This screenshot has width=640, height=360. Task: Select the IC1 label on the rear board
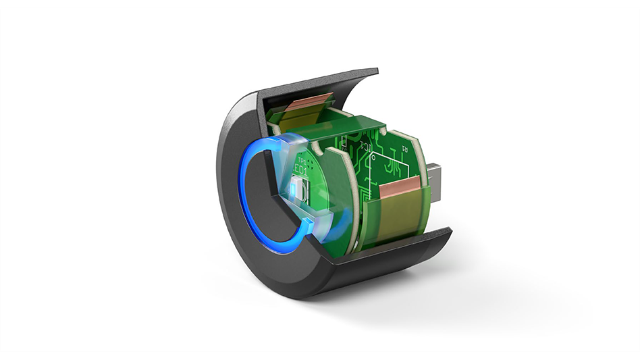tap(366, 144)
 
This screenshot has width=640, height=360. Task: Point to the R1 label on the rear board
tap(404, 147)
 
